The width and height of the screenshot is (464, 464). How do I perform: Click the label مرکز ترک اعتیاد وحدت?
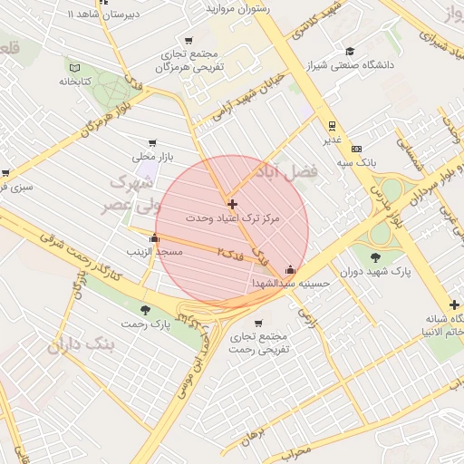(233, 219)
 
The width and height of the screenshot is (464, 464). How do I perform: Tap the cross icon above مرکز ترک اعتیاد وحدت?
(233, 205)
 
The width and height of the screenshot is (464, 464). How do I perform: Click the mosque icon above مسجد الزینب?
(154, 238)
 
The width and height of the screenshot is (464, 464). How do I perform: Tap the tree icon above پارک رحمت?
(145, 310)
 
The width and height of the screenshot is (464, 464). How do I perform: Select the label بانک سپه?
(357, 161)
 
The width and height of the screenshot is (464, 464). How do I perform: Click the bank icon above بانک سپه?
(357, 148)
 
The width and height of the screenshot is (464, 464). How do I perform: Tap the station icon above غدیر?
(333, 126)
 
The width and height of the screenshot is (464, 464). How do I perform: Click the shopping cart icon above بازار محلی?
(151, 143)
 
